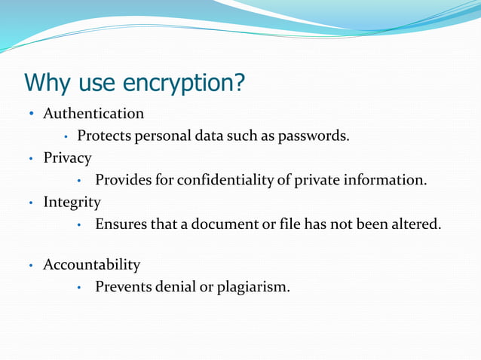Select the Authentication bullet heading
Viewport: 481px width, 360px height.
[93, 114]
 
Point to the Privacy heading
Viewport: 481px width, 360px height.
[67, 158]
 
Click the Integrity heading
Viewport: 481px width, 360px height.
[72, 202]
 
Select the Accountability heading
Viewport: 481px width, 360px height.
[91, 264]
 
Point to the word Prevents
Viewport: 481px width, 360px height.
[125, 286]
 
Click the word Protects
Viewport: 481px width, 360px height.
[106, 136]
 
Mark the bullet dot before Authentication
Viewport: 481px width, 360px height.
[31, 114]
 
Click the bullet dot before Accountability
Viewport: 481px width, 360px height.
[31, 265]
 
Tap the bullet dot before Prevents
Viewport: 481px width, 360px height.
[79, 287]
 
